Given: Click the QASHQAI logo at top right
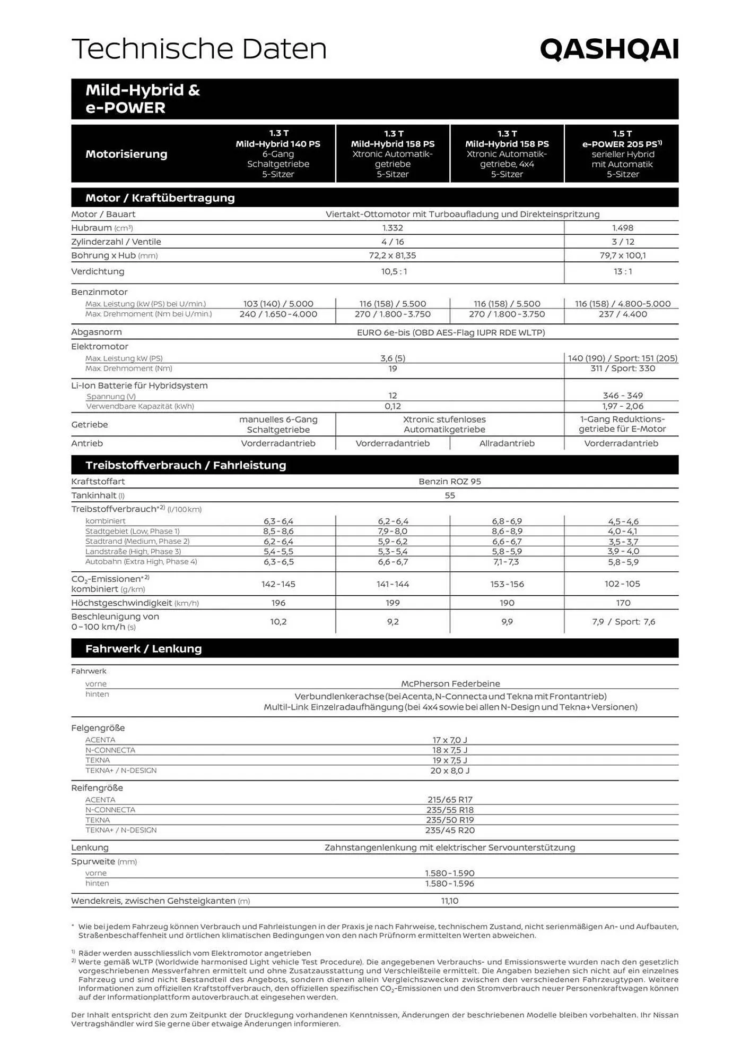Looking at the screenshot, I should coord(609,50).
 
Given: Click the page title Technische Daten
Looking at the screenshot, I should coord(199,49).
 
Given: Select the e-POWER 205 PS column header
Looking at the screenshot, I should coord(622,153).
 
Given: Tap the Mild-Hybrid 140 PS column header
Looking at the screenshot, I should coord(278,153).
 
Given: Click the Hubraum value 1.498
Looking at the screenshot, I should coord(622,228).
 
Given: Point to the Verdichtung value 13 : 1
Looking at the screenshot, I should coord(622,271).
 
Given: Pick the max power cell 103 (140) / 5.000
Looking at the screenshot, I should coord(278,304).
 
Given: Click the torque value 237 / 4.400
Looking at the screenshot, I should coord(622,314).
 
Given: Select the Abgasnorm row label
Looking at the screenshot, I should coord(97,332).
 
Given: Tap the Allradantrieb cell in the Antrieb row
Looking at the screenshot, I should coord(507,443).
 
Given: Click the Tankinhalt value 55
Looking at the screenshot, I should coord(449,495).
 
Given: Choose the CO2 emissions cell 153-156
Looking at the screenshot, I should coord(507,584).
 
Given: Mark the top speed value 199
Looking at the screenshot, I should coord(393,603).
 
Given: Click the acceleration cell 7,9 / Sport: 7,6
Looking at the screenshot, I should coord(623,622).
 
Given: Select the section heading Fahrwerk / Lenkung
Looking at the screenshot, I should coord(143,649).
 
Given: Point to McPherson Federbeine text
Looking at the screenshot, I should coord(450,684).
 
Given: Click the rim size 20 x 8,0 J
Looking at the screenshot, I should coord(450,770).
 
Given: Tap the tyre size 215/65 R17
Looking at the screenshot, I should coord(450,800).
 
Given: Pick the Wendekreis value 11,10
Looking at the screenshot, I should coord(449,901).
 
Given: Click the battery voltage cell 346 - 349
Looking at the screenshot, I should coord(622,396).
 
